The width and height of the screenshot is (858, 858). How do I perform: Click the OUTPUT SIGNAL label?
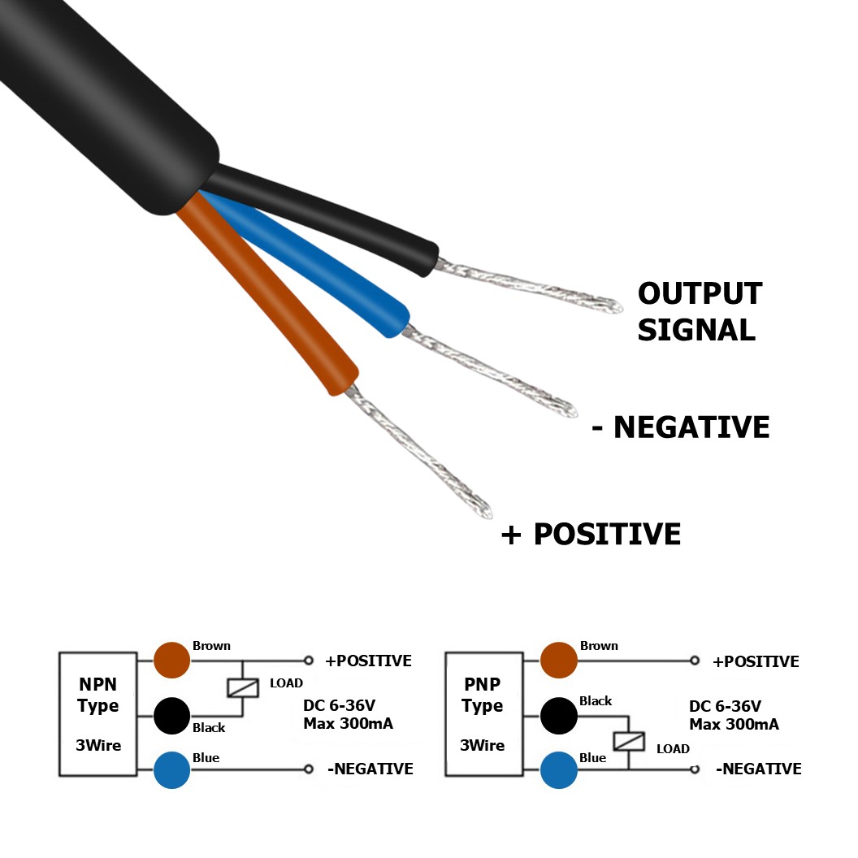pyautogui.click(x=699, y=312)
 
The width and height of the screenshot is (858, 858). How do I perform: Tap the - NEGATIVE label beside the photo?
pyautogui.click(x=681, y=427)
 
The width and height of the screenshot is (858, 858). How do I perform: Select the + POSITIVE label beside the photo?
pyautogui.click(x=591, y=534)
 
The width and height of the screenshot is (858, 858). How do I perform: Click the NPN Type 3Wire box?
pyautogui.click(x=98, y=714)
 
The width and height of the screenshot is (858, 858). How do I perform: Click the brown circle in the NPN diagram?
pyautogui.click(x=172, y=660)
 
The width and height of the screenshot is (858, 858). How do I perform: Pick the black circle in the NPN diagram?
pyautogui.click(x=172, y=716)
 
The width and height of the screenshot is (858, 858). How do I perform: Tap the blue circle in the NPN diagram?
pyautogui.click(x=172, y=769)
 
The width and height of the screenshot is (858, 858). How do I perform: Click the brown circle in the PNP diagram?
pyautogui.click(x=559, y=660)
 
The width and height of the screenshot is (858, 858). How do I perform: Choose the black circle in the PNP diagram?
pyautogui.click(x=559, y=716)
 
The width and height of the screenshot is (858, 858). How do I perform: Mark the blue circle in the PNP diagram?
pyautogui.click(x=559, y=769)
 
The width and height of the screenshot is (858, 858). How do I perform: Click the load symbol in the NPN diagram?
pyautogui.click(x=242, y=687)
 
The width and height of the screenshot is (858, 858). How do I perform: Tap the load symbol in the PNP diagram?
pyautogui.click(x=629, y=742)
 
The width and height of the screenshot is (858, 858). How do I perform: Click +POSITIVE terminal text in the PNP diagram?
pyautogui.click(x=756, y=661)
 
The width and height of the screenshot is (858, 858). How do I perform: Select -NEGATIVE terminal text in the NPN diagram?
pyautogui.click(x=370, y=769)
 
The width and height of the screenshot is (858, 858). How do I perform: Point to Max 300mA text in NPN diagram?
pyautogui.click(x=348, y=723)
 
